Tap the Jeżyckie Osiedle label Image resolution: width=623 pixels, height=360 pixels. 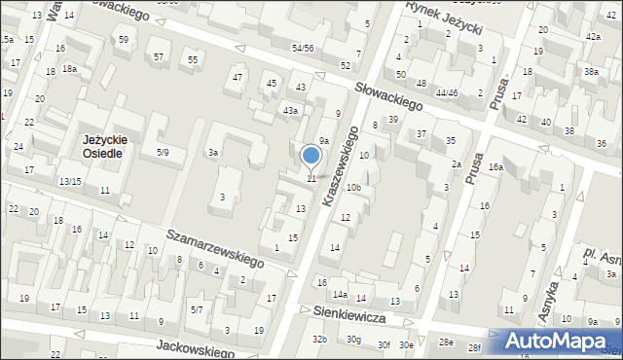point(101,147)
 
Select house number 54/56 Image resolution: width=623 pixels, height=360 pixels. point(303,48)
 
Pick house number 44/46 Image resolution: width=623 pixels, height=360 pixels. point(447,92)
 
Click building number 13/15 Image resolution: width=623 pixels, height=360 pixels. point(70,182)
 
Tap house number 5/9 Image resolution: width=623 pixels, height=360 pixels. point(164,152)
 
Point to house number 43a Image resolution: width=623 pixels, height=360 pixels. point(290,111)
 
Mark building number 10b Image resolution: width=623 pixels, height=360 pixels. point(354,187)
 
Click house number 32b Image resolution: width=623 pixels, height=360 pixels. point(318,339)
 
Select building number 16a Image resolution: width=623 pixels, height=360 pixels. point(495,167)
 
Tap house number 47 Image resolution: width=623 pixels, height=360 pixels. point(237,77)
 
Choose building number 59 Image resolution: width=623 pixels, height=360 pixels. point(123,40)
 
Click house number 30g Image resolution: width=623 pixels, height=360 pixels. point(353,340)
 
